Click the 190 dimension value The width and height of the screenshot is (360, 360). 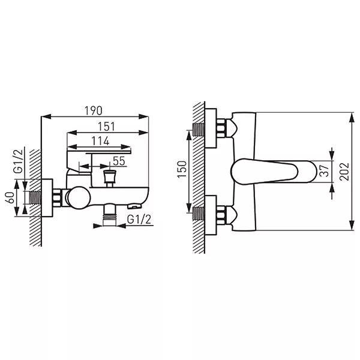point(94,110)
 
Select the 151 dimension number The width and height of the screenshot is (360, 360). point(107,127)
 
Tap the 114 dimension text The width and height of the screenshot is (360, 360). point(100,141)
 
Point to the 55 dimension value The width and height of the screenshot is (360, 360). point(119,161)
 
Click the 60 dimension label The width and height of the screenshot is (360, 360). point(10,197)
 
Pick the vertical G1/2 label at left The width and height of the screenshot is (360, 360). point(19,161)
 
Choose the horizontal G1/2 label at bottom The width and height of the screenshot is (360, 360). point(139,219)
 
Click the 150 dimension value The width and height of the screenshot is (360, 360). point(182,169)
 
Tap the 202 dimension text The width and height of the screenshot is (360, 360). point(344,172)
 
